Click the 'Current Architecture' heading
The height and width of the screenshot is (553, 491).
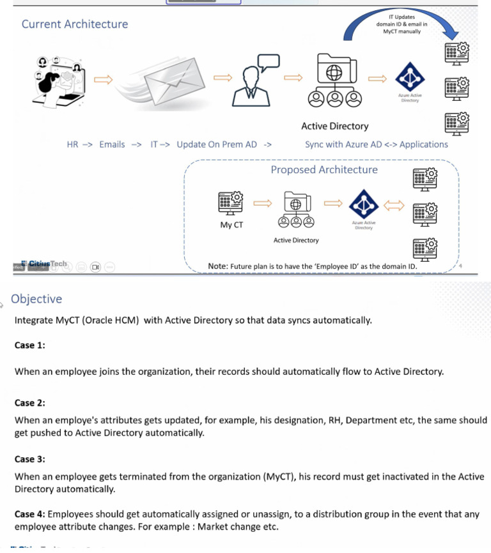pos(75,24)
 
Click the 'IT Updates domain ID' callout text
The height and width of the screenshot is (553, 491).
pos(401,24)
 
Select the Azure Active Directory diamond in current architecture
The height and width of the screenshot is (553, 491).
pos(410,78)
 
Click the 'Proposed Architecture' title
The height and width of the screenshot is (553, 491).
pos(324,170)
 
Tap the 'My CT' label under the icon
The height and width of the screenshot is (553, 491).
pos(231,225)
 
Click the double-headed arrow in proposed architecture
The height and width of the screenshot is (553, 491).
pos(393,204)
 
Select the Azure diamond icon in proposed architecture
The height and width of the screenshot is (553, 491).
pos(363,204)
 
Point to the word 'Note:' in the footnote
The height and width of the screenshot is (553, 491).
pos(218,266)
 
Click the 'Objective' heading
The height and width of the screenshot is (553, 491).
pos(36,299)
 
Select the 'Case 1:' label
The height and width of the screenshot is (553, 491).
pos(30,345)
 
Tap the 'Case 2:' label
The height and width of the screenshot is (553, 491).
pos(30,403)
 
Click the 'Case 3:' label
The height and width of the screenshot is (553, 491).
pos(30,459)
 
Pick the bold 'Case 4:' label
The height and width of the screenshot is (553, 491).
pos(30,514)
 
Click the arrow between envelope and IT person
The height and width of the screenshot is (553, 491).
pos(222,78)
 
